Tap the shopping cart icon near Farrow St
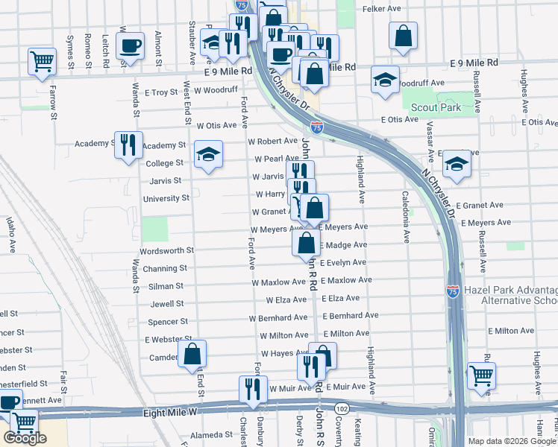[42, 61]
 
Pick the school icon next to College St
[208, 155]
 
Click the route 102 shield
[342, 408]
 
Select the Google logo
[25, 438]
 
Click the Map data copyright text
[512, 441]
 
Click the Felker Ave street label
[382, 9]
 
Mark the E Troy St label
[162, 92]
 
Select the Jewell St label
[166, 304]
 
